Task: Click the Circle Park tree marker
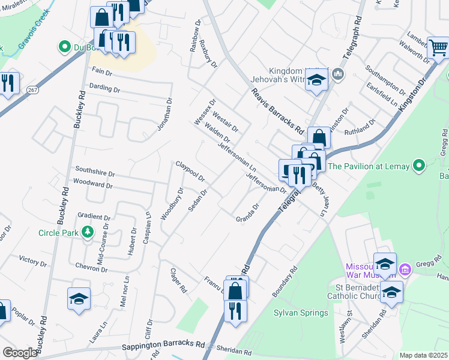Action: [88, 232]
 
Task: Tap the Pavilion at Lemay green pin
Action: [419, 166]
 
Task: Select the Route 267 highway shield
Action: [32, 89]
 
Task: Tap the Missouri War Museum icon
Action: [405, 269]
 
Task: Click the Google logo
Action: [20, 353]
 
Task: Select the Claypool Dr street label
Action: [190, 171]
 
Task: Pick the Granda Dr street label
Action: [247, 214]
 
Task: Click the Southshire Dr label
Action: [93, 171]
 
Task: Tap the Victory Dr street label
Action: [32, 261]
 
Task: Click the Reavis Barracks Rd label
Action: [277, 110]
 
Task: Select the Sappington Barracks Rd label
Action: [163, 346]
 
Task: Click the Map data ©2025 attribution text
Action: [424, 355]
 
